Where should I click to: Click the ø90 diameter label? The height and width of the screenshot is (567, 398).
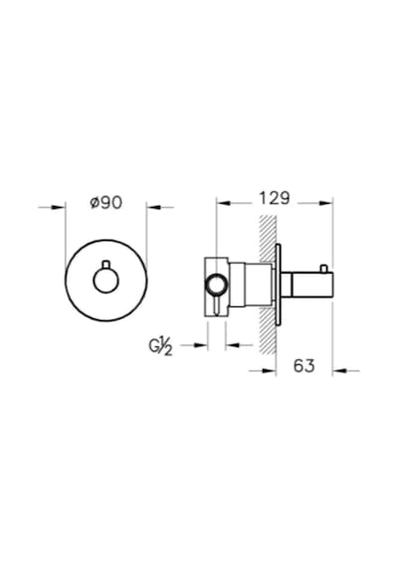(106, 203)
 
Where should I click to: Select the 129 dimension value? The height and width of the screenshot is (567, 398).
(275, 198)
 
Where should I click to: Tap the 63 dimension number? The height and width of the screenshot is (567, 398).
(303, 366)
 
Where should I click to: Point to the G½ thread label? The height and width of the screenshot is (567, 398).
(160, 347)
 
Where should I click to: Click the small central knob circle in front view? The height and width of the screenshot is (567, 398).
(105, 281)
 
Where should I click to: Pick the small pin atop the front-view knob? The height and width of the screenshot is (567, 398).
(105, 265)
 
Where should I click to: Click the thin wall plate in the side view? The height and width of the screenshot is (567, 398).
(278, 283)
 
